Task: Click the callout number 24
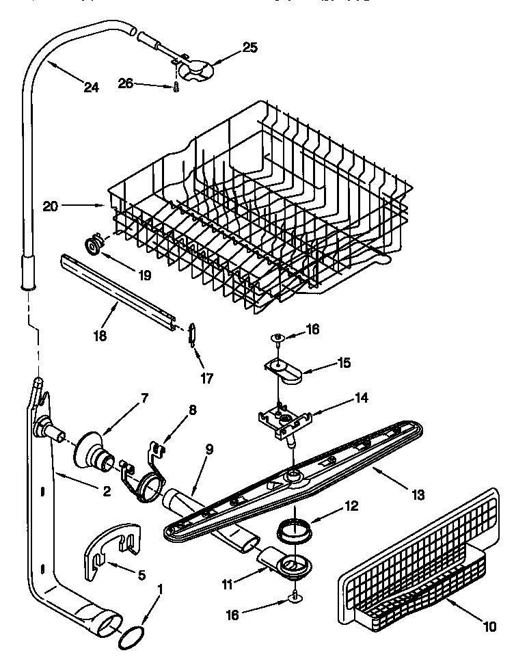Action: tap(92, 87)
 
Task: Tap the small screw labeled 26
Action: tap(176, 88)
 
